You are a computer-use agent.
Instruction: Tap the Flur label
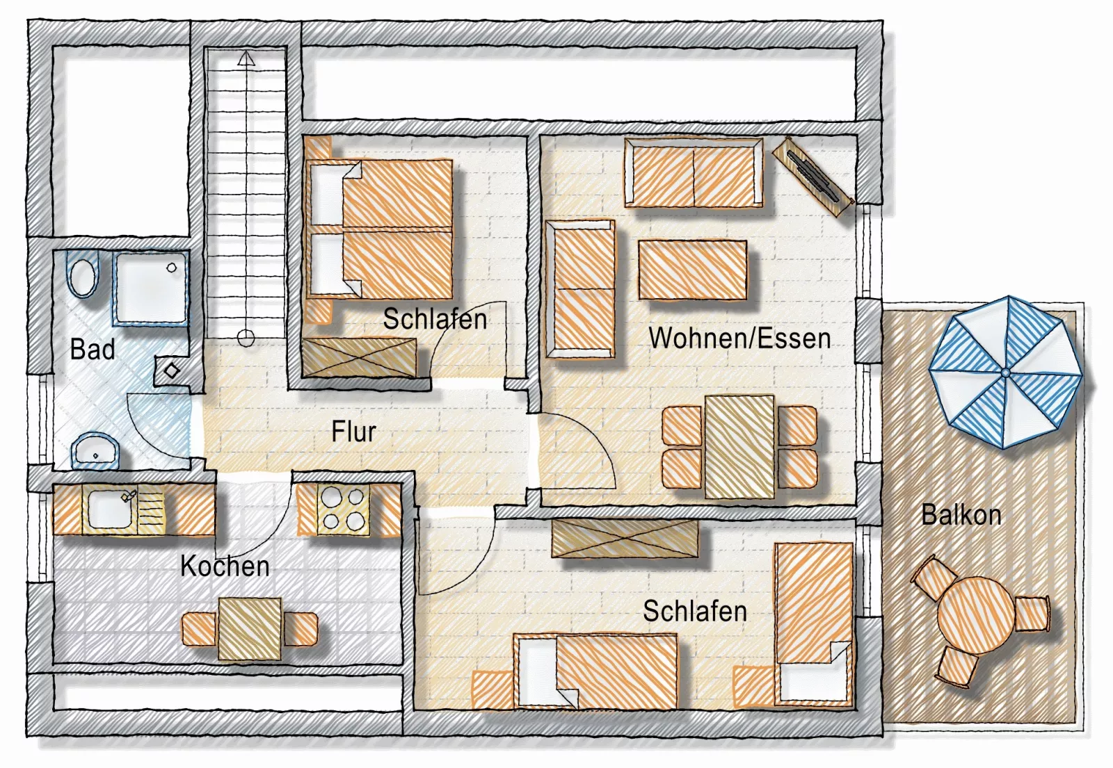click(x=353, y=432)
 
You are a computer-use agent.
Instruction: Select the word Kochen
click(x=225, y=566)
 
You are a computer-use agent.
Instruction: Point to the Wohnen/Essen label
click(x=739, y=338)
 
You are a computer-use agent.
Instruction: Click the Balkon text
click(x=961, y=514)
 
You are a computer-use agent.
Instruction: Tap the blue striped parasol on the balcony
click(x=1005, y=373)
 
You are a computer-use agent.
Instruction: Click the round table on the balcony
click(x=976, y=615)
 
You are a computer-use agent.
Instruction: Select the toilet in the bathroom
click(x=83, y=275)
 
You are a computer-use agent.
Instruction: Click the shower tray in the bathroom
click(x=150, y=288)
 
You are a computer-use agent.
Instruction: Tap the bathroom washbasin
click(x=95, y=451)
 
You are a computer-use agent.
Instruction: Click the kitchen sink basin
click(x=111, y=510)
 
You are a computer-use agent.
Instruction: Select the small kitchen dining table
click(x=250, y=628)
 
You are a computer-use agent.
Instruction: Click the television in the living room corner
click(x=813, y=177)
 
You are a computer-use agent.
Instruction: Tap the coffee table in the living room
click(x=693, y=270)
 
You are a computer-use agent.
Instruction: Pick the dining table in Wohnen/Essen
click(x=739, y=446)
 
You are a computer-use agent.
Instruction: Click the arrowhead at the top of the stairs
click(x=246, y=58)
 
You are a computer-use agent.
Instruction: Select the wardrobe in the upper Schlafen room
click(x=359, y=357)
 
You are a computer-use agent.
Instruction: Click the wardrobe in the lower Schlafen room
click(x=625, y=538)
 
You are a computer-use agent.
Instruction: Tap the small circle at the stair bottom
click(x=246, y=338)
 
